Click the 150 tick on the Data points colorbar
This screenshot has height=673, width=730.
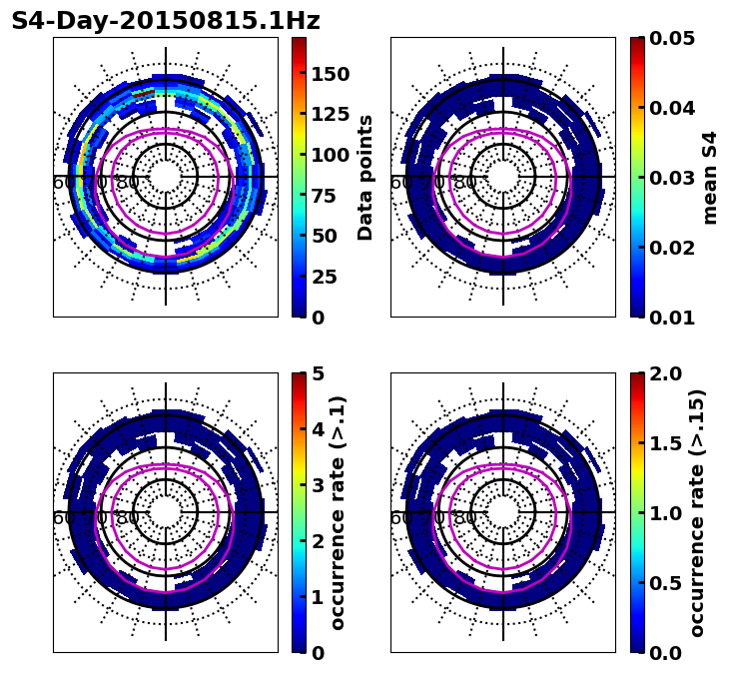(x=329, y=74)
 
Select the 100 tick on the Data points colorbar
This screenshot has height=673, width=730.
(x=329, y=155)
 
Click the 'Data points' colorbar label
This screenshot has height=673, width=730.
(x=365, y=177)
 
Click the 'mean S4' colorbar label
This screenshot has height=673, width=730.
(x=710, y=177)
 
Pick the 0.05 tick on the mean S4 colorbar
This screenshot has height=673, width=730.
(x=671, y=38)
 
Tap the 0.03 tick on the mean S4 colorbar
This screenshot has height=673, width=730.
(x=671, y=178)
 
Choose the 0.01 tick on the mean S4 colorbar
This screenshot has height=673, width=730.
(x=671, y=318)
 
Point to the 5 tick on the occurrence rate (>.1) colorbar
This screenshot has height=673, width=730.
(x=317, y=373)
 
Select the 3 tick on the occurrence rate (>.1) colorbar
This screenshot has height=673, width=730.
(x=317, y=485)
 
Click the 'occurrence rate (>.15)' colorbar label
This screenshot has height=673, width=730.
(x=696, y=512)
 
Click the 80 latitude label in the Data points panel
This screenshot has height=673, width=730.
(x=127, y=183)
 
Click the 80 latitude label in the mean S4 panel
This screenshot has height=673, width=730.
(x=464, y=183)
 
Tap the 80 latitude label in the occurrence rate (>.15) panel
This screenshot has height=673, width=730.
(x=464, y=518)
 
